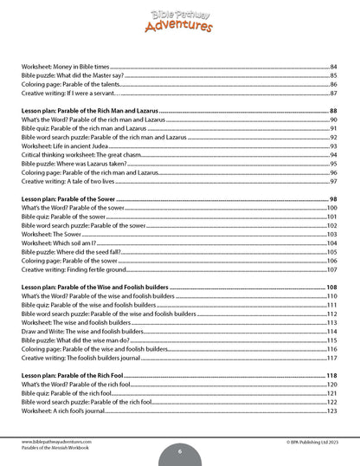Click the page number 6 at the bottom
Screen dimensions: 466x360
179,451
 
